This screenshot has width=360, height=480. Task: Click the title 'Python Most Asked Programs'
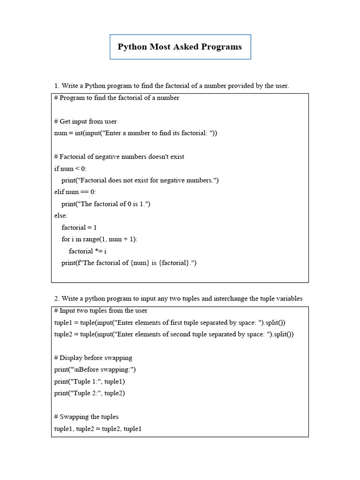(180, 47)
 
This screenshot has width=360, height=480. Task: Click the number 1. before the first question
(57, 86)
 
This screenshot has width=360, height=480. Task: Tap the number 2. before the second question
(57, 299)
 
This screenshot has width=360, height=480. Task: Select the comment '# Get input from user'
(85, 121)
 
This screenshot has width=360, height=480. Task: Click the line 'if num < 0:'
(70, 169)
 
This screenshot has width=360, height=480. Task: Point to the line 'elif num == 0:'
(75, 192)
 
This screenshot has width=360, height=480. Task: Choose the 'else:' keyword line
(61, 216)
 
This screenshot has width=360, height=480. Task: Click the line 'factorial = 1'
(79, 227)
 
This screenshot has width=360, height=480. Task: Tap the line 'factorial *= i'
(88, 251)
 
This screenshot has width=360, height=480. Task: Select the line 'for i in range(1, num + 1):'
(99, 239)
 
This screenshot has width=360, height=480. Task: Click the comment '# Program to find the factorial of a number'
(117, 98)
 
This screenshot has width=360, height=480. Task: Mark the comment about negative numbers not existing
(119, 157)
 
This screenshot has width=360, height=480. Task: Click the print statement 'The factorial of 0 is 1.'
(106, 204)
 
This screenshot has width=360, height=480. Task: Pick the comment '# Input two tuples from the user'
(101, 311)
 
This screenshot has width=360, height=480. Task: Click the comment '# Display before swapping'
(93, 358)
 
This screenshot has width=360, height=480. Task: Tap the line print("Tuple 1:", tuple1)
(90, 382)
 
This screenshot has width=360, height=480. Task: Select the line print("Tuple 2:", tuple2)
(90, 393)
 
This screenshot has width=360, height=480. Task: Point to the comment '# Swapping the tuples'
(86, 417)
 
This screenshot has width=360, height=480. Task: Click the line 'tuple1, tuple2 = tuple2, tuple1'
(97, 429)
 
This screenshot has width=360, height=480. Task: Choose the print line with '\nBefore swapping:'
(95, 369)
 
